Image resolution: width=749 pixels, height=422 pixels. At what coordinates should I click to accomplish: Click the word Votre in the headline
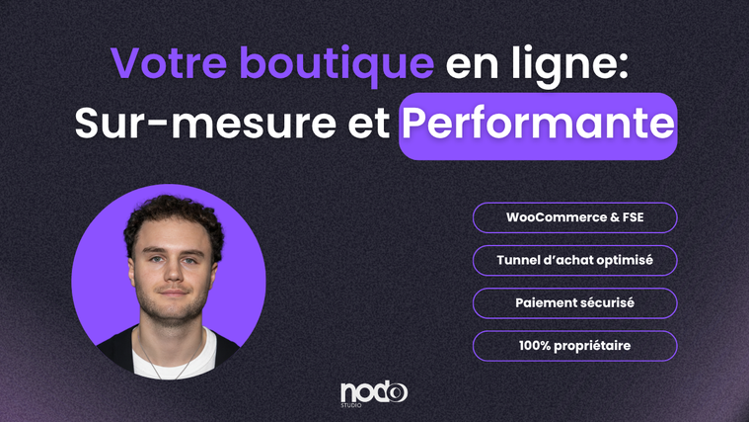169,62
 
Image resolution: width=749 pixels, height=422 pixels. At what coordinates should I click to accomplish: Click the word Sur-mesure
205,123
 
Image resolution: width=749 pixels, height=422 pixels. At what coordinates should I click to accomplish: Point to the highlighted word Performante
538,124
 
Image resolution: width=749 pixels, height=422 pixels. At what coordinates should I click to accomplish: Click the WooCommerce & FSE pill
574,217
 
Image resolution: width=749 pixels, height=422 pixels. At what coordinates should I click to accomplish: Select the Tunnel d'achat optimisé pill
574,260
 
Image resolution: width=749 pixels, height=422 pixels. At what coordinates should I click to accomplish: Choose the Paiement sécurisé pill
574,302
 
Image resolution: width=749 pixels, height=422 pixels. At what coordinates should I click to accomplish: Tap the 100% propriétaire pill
574,346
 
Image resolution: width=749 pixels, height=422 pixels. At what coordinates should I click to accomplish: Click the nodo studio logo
374,394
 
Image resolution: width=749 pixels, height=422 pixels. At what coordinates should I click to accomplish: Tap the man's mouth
174,292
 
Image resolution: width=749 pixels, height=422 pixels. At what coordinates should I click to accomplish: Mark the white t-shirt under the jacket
175,357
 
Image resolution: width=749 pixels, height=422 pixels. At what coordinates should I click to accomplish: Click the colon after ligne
622,66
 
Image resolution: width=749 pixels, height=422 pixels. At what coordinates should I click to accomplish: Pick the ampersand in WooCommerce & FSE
614,217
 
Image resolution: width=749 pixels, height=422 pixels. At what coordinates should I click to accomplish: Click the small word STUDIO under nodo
351,406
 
